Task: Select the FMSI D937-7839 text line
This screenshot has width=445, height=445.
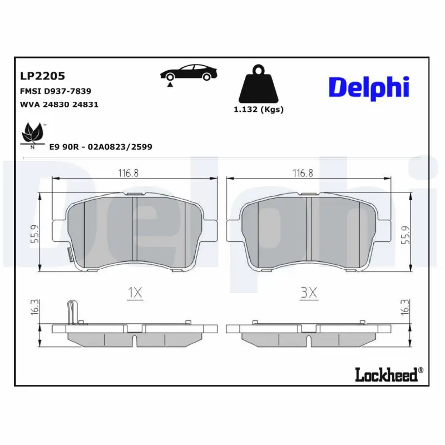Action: pyautogui.click(x=56, y=90)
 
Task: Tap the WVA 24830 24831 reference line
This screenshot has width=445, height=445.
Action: pyautogui.click(x=59, y=104)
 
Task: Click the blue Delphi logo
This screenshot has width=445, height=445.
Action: pyautogui.click(x=368, y=87)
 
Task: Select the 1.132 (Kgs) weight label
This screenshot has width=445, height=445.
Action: pyautogui.click(x=258, y=110)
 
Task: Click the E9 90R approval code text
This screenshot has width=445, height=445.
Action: pyautogui.click(x=101, y=146)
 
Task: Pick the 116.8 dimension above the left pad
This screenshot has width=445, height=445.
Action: pyautogui.click(x=128, y=173)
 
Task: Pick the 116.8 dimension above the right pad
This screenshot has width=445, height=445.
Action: pyautogui.click(x=303, y=173)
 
